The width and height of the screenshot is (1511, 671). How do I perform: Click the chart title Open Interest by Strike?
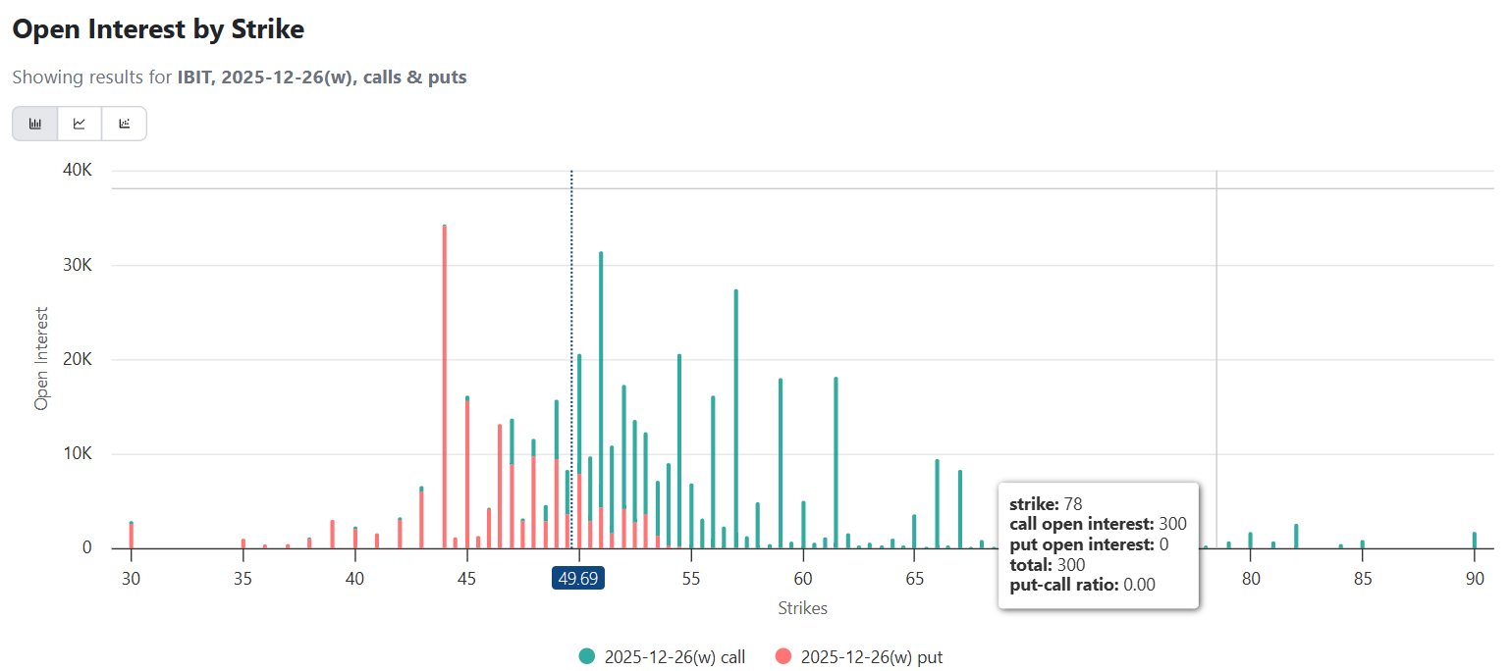pos(158,29)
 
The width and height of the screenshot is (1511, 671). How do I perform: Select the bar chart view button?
pos(35,124)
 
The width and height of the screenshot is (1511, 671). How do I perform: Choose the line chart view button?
pos(80,124)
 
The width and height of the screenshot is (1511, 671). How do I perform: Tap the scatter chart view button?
pos(124,124)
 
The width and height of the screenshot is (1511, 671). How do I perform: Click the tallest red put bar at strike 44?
pos(445,392)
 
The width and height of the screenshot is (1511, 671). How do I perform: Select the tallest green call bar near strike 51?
pos(601,392)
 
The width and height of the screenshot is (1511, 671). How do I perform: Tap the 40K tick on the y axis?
pos(76,171)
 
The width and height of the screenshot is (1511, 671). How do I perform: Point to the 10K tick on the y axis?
pos(76,454)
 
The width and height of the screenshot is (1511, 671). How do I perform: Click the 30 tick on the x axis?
pos(131,579)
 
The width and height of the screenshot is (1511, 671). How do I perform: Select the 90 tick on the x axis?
pos(1474,579)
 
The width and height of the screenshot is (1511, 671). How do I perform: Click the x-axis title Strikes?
pos(802,608)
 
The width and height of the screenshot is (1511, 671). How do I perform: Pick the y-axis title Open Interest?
pos(41,360)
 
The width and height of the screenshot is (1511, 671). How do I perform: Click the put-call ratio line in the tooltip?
pos(1082,586)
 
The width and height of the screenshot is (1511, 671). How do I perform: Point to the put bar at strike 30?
pos(131,537)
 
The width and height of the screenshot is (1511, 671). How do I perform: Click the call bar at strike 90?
pos(1474,541)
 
